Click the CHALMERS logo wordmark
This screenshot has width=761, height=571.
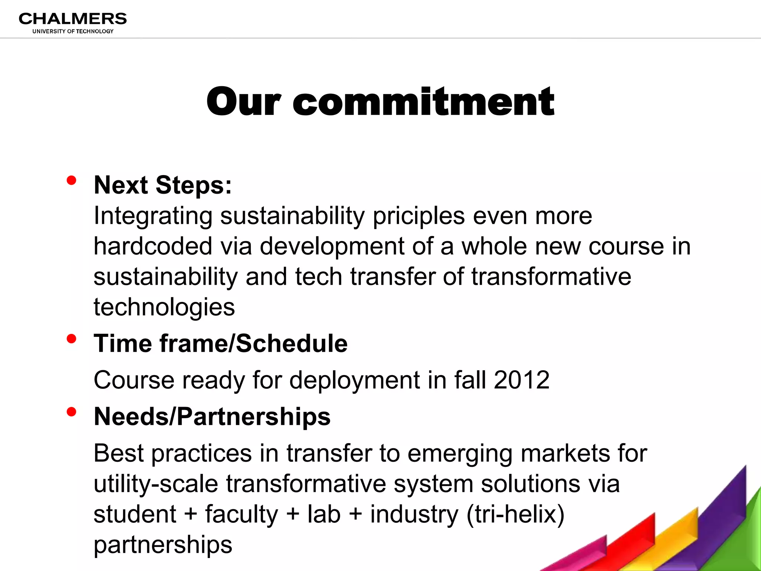[73, 19]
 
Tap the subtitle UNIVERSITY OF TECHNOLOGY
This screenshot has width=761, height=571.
[73, 31]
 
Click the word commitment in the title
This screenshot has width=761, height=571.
[424, 101]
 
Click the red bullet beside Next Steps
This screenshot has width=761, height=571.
[71, 181]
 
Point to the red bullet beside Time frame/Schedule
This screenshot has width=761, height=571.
[71, 339]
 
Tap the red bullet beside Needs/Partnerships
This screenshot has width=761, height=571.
[71, 412]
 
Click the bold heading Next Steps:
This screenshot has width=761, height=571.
[163, 185]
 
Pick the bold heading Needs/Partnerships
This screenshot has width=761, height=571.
[212, 416]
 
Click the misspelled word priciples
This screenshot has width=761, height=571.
[419, 216]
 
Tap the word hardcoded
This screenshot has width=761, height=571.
[153, 246]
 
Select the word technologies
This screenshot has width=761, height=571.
[164, 307]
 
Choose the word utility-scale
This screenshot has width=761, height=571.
[156, 484]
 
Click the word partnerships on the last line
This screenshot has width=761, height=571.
[163, 545]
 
